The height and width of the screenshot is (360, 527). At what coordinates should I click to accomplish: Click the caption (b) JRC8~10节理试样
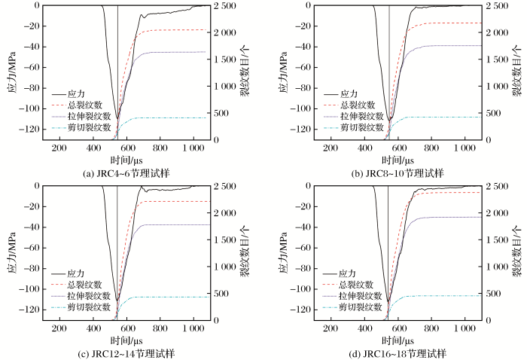[395, 173]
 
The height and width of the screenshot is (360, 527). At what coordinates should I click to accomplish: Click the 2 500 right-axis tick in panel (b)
[500, 6]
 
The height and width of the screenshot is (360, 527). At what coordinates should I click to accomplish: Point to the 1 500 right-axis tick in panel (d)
[500, 240]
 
